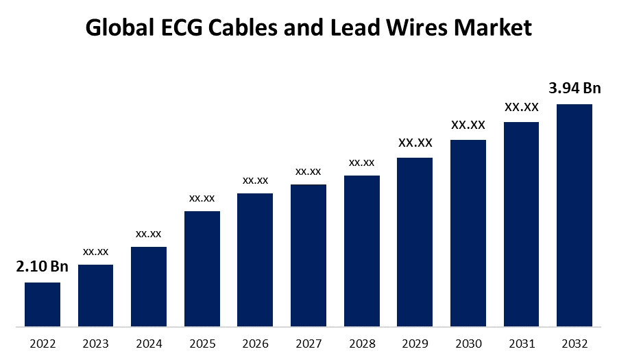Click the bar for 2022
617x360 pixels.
point(43,304)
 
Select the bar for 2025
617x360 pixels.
point(202,268)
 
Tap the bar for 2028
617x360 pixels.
point(362,250)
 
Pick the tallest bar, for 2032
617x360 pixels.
point(574,215)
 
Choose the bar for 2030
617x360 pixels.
point(468,232)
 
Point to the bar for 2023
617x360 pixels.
point(96,295)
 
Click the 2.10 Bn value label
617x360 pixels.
point(43,267)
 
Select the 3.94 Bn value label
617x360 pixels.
point(574,88)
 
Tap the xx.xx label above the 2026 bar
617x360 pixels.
point(255,180)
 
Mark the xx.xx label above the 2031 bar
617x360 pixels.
point(522,107)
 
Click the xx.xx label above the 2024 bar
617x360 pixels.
point(149,234)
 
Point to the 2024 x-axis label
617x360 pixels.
point(149,344)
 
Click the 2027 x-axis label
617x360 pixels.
point(308,344)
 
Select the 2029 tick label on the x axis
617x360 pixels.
point(415,344)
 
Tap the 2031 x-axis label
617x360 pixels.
point(522,344)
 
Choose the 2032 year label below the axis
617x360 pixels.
point(574,344)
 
